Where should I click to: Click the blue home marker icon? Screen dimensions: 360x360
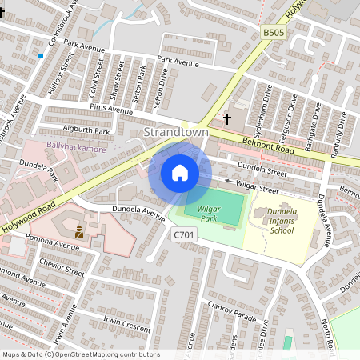[180, 173]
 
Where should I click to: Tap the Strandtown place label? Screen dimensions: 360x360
[175, 131]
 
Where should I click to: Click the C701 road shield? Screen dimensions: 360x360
[183, 234]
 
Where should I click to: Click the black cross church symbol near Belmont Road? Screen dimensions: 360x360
[227, 119]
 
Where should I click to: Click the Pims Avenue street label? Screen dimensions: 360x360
[111, 109]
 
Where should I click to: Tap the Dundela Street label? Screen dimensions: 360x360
[262, 170]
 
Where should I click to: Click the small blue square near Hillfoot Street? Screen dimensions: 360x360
[39, 56]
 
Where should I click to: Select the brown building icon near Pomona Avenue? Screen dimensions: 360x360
[79, 233]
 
